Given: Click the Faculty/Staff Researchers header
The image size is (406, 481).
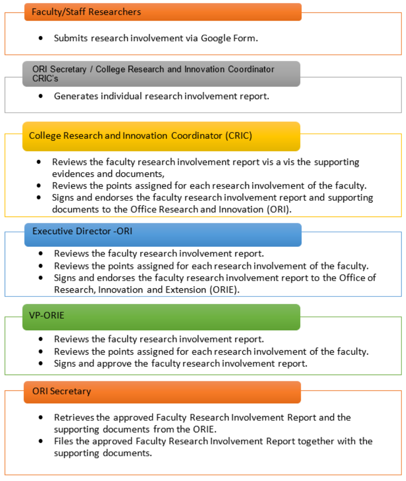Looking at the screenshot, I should point(162,12).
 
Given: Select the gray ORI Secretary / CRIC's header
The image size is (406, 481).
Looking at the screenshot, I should point(161,74).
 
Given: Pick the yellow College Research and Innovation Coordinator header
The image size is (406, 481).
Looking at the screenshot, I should point(161,136).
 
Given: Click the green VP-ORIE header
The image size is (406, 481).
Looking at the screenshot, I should point(161,317).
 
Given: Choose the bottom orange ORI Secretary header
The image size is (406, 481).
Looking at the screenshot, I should point(162,392).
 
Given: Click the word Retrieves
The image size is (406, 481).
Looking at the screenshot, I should point(71,417).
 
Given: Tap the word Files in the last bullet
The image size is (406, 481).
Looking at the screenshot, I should point(62,441).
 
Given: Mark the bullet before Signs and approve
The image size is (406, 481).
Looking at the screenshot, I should point(41,364).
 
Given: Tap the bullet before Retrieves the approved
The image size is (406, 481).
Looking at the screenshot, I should point(41,417).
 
